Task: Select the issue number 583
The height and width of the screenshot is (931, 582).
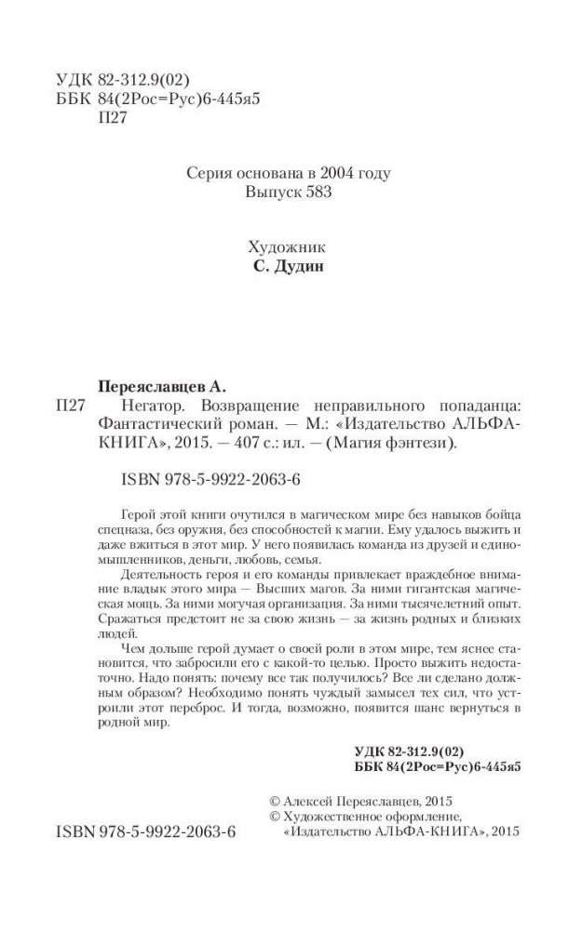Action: (318, 193)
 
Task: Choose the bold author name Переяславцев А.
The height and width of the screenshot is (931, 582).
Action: (164, 385)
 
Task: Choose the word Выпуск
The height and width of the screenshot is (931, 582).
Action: (267, 193)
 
